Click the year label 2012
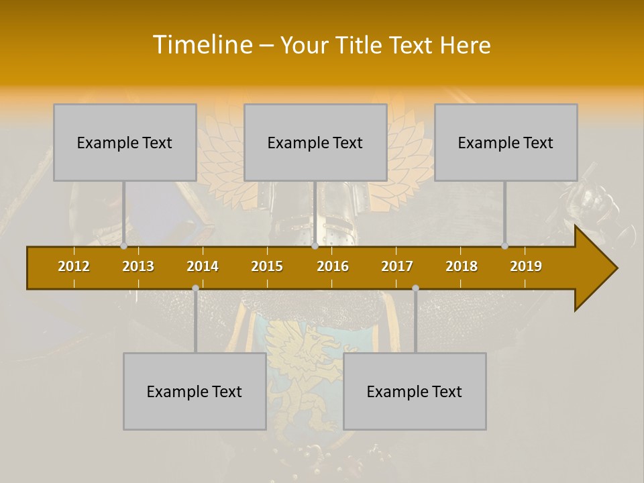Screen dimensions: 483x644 coord(74,266)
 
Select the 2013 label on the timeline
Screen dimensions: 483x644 coord(138,266)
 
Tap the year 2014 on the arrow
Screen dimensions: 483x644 coord(203,266)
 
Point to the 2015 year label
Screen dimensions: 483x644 coord(267,266)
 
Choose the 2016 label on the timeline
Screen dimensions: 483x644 coord(333,266)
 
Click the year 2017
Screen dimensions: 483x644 coord(397,266)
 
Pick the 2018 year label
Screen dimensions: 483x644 coord(462,266)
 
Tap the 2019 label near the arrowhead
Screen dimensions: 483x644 coord(526,266)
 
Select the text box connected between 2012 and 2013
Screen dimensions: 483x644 coord(125,142)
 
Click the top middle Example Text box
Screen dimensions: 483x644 coord(315,142)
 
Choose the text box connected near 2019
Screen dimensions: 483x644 coord(506,142)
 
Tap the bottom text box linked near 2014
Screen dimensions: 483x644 coord(195,391)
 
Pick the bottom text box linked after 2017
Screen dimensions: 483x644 coord(415,391)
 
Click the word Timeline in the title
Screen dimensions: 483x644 coord(202,45)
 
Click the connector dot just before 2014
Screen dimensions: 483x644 coord(195,288)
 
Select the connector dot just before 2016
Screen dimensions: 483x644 coord(315,246)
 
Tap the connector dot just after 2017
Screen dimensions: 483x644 coord(415,288)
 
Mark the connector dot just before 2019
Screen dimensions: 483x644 coord(505,246)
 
